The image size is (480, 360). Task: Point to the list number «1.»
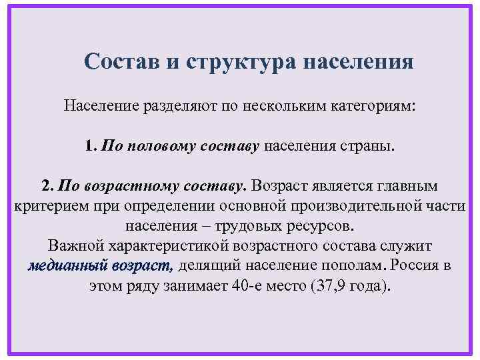point(91,145)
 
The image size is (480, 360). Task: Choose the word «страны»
point(370,145)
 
